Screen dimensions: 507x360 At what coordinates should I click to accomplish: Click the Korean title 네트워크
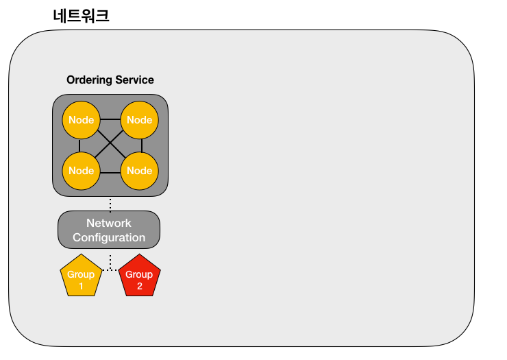coord(81,16)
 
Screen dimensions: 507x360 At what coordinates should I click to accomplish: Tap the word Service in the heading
coord(134,80)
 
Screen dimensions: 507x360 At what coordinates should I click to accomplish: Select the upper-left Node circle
coord(81,120)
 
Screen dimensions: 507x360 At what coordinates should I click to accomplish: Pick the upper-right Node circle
coord(139,120)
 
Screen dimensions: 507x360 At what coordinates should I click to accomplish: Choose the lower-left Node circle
coord(81,171)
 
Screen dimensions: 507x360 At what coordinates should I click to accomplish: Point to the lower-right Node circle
coord(139,171)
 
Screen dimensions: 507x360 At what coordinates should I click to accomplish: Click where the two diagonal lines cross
coord(110,143)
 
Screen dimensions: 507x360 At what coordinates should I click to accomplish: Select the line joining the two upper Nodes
coord(110,119)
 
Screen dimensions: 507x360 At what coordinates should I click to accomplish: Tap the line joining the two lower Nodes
coord(110,173)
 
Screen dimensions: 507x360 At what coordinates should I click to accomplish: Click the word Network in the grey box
coord(109,223)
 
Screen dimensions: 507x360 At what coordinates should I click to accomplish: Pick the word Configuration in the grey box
coord(109,238)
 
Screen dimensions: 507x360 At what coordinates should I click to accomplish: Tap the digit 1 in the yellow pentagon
coord(81,286)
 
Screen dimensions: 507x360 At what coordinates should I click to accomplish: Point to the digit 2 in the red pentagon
coord(139,286)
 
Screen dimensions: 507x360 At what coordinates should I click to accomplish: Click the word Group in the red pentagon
coord(139,274)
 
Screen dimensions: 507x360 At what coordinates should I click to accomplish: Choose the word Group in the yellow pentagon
coord(81,274)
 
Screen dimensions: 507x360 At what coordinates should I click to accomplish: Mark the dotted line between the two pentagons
coord(110,269)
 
